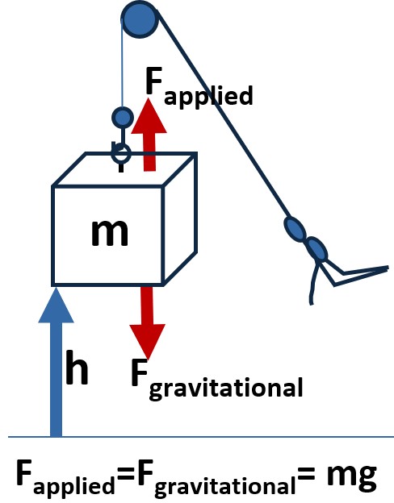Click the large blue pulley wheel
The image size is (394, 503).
click(140, 19)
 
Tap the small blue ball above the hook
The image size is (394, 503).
click(123, 118)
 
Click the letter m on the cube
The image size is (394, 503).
click(110, 233)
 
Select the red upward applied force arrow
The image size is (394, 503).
click(149, 135)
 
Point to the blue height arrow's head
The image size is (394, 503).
click(57, 305)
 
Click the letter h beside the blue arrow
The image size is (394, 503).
click(77, 367)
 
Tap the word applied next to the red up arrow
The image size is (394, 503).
click(208, 96)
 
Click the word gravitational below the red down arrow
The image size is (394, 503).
click(226, 389)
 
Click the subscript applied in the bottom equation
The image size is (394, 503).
click(74, 485)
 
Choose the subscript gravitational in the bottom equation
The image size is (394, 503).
click(225, 485)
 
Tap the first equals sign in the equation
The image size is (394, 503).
click(126, 474)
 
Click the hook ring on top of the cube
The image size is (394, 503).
click(121, 153)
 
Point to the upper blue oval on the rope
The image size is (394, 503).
click(295, 228)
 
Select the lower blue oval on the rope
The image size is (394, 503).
click(316, 249)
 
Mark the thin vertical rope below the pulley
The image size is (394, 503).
click(122, 63)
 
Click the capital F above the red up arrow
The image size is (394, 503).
click(153, 81)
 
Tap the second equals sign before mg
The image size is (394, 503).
click(306, 474)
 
